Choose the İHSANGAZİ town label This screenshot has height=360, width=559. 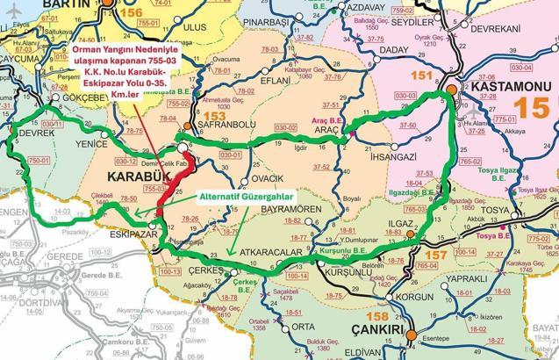tap(380, 156)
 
